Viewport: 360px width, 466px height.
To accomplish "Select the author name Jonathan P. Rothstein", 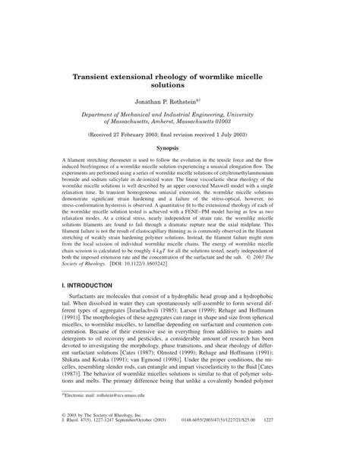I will (x=175, y=100).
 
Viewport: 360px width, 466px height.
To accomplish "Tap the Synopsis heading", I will (x=180, y=148).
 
